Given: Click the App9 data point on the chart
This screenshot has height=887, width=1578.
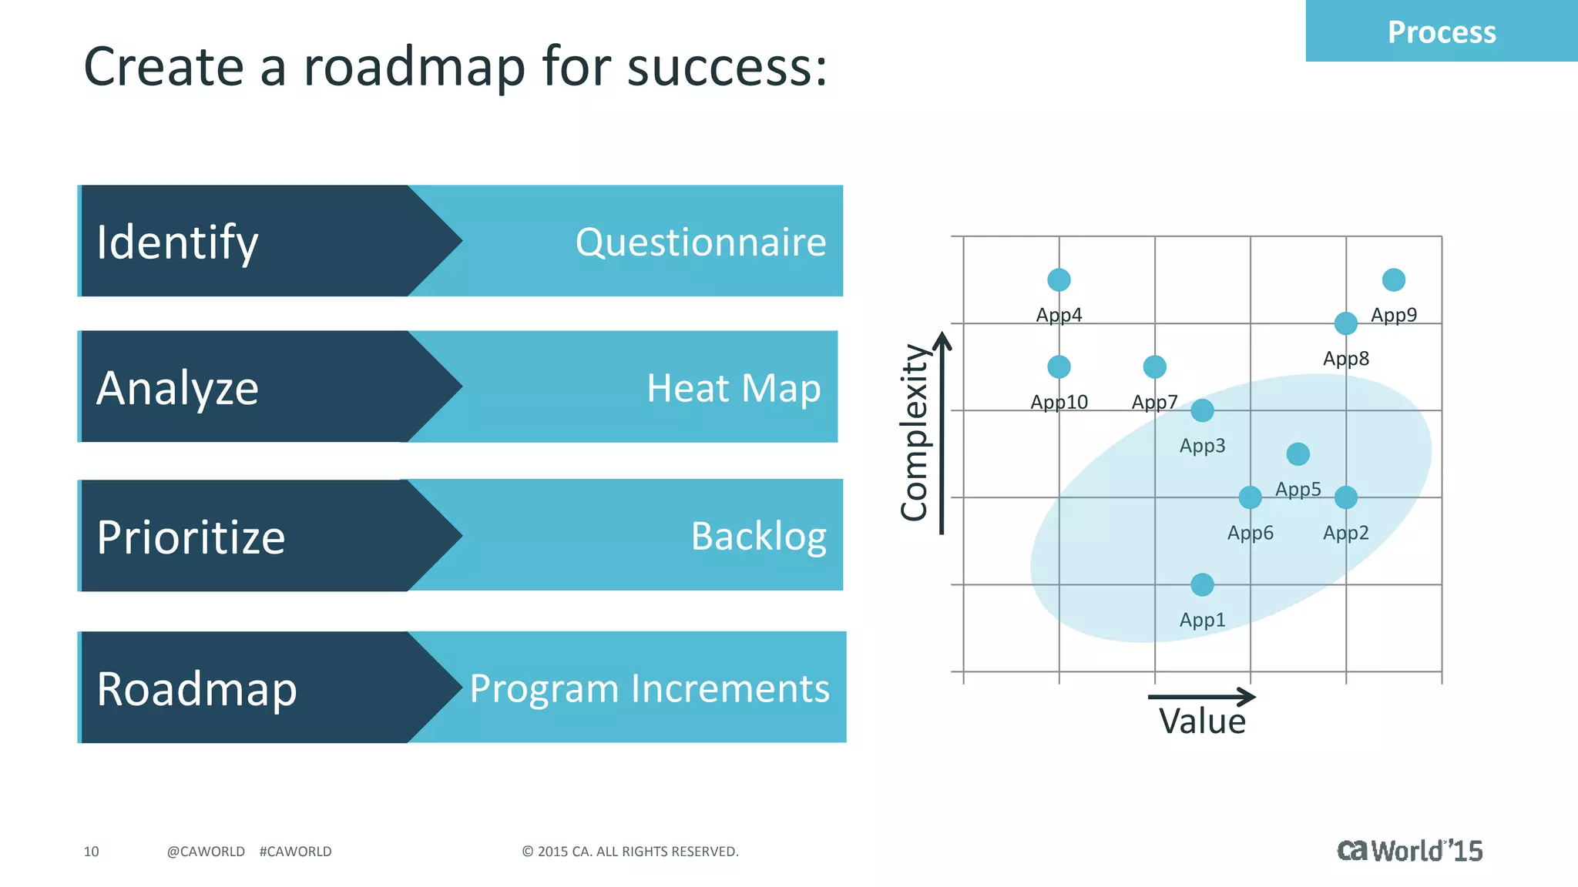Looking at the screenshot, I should point(1393,279).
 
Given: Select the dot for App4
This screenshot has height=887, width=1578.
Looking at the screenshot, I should point(1059,279).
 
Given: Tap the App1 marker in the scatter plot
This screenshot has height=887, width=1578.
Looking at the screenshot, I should point(1202,585).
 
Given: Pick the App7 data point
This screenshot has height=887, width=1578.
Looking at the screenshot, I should point(1154,367).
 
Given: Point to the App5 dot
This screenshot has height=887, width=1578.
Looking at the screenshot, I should point(1298,454).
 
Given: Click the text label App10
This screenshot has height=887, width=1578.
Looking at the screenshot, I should point(1059,402).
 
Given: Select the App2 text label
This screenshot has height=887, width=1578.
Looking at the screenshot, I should point(1345,533).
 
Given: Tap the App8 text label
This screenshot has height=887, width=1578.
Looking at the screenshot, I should point(1345,359).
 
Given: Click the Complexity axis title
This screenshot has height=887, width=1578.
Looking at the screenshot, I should point(915,433).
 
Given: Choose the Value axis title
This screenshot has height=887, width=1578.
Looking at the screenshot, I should point(1202,722).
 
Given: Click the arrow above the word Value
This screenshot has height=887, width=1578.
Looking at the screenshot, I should point(1202,697).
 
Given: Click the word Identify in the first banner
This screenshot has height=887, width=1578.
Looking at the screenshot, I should point(177,243).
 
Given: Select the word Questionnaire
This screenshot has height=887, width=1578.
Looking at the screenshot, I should point(700,243).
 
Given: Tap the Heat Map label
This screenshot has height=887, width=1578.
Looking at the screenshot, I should point(733,388).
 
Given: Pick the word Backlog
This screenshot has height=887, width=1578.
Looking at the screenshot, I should point(758,537).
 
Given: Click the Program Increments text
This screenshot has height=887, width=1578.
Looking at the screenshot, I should point(650,688).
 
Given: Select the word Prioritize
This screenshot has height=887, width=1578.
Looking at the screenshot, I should point(191,537).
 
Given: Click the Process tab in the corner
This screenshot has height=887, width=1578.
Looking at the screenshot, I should point(1441,32).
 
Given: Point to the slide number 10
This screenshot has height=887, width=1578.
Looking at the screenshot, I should point(91,852).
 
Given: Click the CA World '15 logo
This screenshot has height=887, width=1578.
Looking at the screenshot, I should point(1409,851).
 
